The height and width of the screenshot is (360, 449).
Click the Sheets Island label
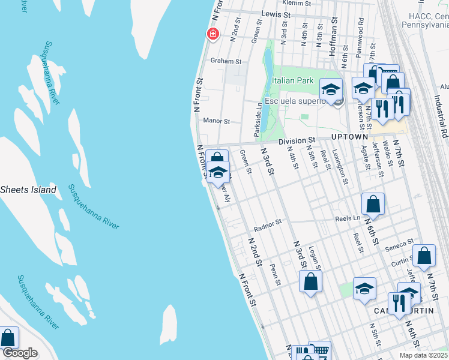pyautogui.click(x=28, y=190)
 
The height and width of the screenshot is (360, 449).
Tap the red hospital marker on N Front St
pyautogui.click(x=212, y=34)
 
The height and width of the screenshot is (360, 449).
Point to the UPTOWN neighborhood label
pyautogui.click(x=349, y=137)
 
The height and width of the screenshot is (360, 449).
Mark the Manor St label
pyautogui.click(x=217, y=121)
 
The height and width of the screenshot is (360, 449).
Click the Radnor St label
pyautogui.click(x=268, y=224)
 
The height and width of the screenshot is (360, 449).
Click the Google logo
pyautogui.click(x=20, y=353)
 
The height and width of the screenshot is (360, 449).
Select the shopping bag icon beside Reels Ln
pyautogui.click(x=373, y=204)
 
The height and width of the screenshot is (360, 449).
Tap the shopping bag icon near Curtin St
pyautogui.click(x=424, y=256)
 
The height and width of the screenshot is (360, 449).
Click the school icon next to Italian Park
pyautogui.click(x=330, y=90)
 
